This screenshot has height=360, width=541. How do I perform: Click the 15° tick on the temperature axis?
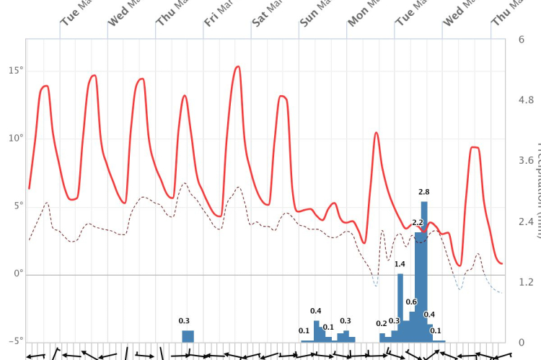[16, 70]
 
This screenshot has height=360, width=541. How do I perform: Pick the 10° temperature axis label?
[16, 138]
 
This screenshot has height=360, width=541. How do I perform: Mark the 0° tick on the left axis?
[18, 274]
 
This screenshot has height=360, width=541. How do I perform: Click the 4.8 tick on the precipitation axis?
[526, 100]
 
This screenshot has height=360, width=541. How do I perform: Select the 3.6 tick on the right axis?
[526, 160]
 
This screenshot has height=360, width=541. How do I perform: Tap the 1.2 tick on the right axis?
[526, 281]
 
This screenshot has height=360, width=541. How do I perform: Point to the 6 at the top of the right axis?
[521, 39]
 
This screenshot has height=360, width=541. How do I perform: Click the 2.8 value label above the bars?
[424, 192]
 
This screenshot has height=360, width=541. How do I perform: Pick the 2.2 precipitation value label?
[418, 222]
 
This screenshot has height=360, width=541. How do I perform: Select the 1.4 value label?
[400, 264]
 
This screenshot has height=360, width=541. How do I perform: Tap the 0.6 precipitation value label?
[411, 302]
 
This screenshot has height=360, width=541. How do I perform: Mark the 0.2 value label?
[382, 324]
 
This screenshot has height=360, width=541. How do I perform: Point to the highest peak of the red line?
[237, 67]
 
